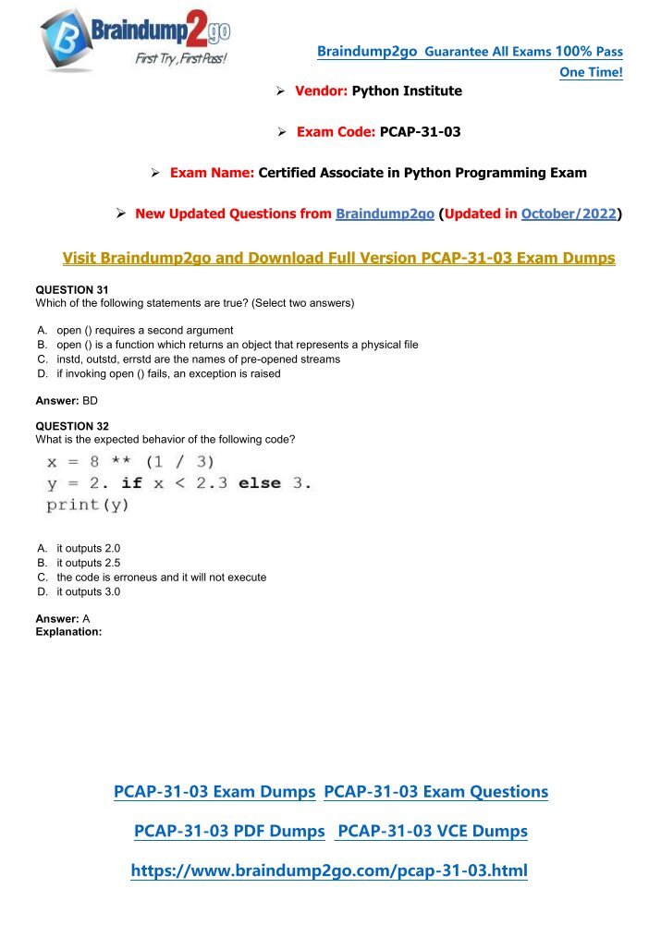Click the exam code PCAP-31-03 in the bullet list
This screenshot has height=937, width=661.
(x=420, y=132)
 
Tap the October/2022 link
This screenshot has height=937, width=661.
(x=568, y=214)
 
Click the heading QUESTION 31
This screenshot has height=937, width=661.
(x=72, y=289)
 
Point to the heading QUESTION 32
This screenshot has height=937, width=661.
(x=72, y=427)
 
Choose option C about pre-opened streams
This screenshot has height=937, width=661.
(x=198, y=359)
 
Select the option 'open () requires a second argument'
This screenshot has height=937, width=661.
(x=144, y=330)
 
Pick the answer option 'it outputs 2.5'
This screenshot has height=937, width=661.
(x=88, y=563)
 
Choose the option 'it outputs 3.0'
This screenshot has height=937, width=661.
(x=88, y=592)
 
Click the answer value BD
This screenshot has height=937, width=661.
(x=90, y=401)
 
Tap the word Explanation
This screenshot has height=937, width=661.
(x=67, y=633)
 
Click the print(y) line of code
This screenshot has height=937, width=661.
(x=88, y=505)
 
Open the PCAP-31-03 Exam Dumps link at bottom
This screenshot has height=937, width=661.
(x=214, y=792)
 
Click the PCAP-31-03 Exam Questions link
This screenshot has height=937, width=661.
(x=436, y=792)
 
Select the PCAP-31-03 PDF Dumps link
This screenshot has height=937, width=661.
(x=229, y=832)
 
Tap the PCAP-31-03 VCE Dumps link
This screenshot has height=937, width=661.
(x=433, y=832)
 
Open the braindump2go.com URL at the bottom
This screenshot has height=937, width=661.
(x=329, y=871)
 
